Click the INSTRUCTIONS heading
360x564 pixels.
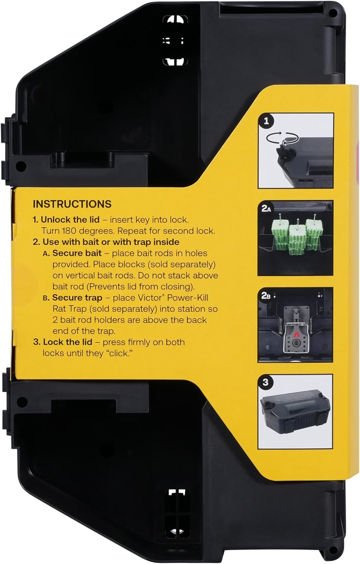coord(72,204)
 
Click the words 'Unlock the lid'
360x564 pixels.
coord(70,220)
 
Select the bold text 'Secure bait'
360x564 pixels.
coord(77,253)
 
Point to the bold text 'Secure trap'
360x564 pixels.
coord(77,298)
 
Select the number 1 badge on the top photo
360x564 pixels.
coord(266,121)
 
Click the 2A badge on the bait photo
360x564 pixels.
coord(266,209)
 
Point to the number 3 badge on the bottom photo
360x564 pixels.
coord(266,382)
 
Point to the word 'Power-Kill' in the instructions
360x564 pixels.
coord(188,298)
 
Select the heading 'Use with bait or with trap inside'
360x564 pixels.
coord(111,242)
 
